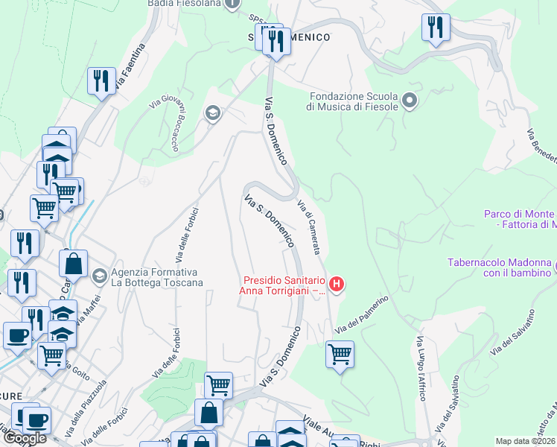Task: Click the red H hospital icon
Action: coord(337,283)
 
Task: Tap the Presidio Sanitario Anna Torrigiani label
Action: coord(284,286)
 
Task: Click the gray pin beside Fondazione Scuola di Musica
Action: coord(409,100)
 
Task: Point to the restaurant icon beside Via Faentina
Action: coord(101,80)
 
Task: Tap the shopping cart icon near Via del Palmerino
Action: coord(340,354)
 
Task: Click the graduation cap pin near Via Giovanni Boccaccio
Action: coord(213,113)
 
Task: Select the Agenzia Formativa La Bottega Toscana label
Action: coord(156,277)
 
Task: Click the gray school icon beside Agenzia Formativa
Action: coord(98,276)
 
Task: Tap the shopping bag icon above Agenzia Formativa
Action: coord(74,263)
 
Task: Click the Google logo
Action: coord(25,438)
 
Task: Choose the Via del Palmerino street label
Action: coord(362,316)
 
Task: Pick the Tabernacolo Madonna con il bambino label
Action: coord(500,267)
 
